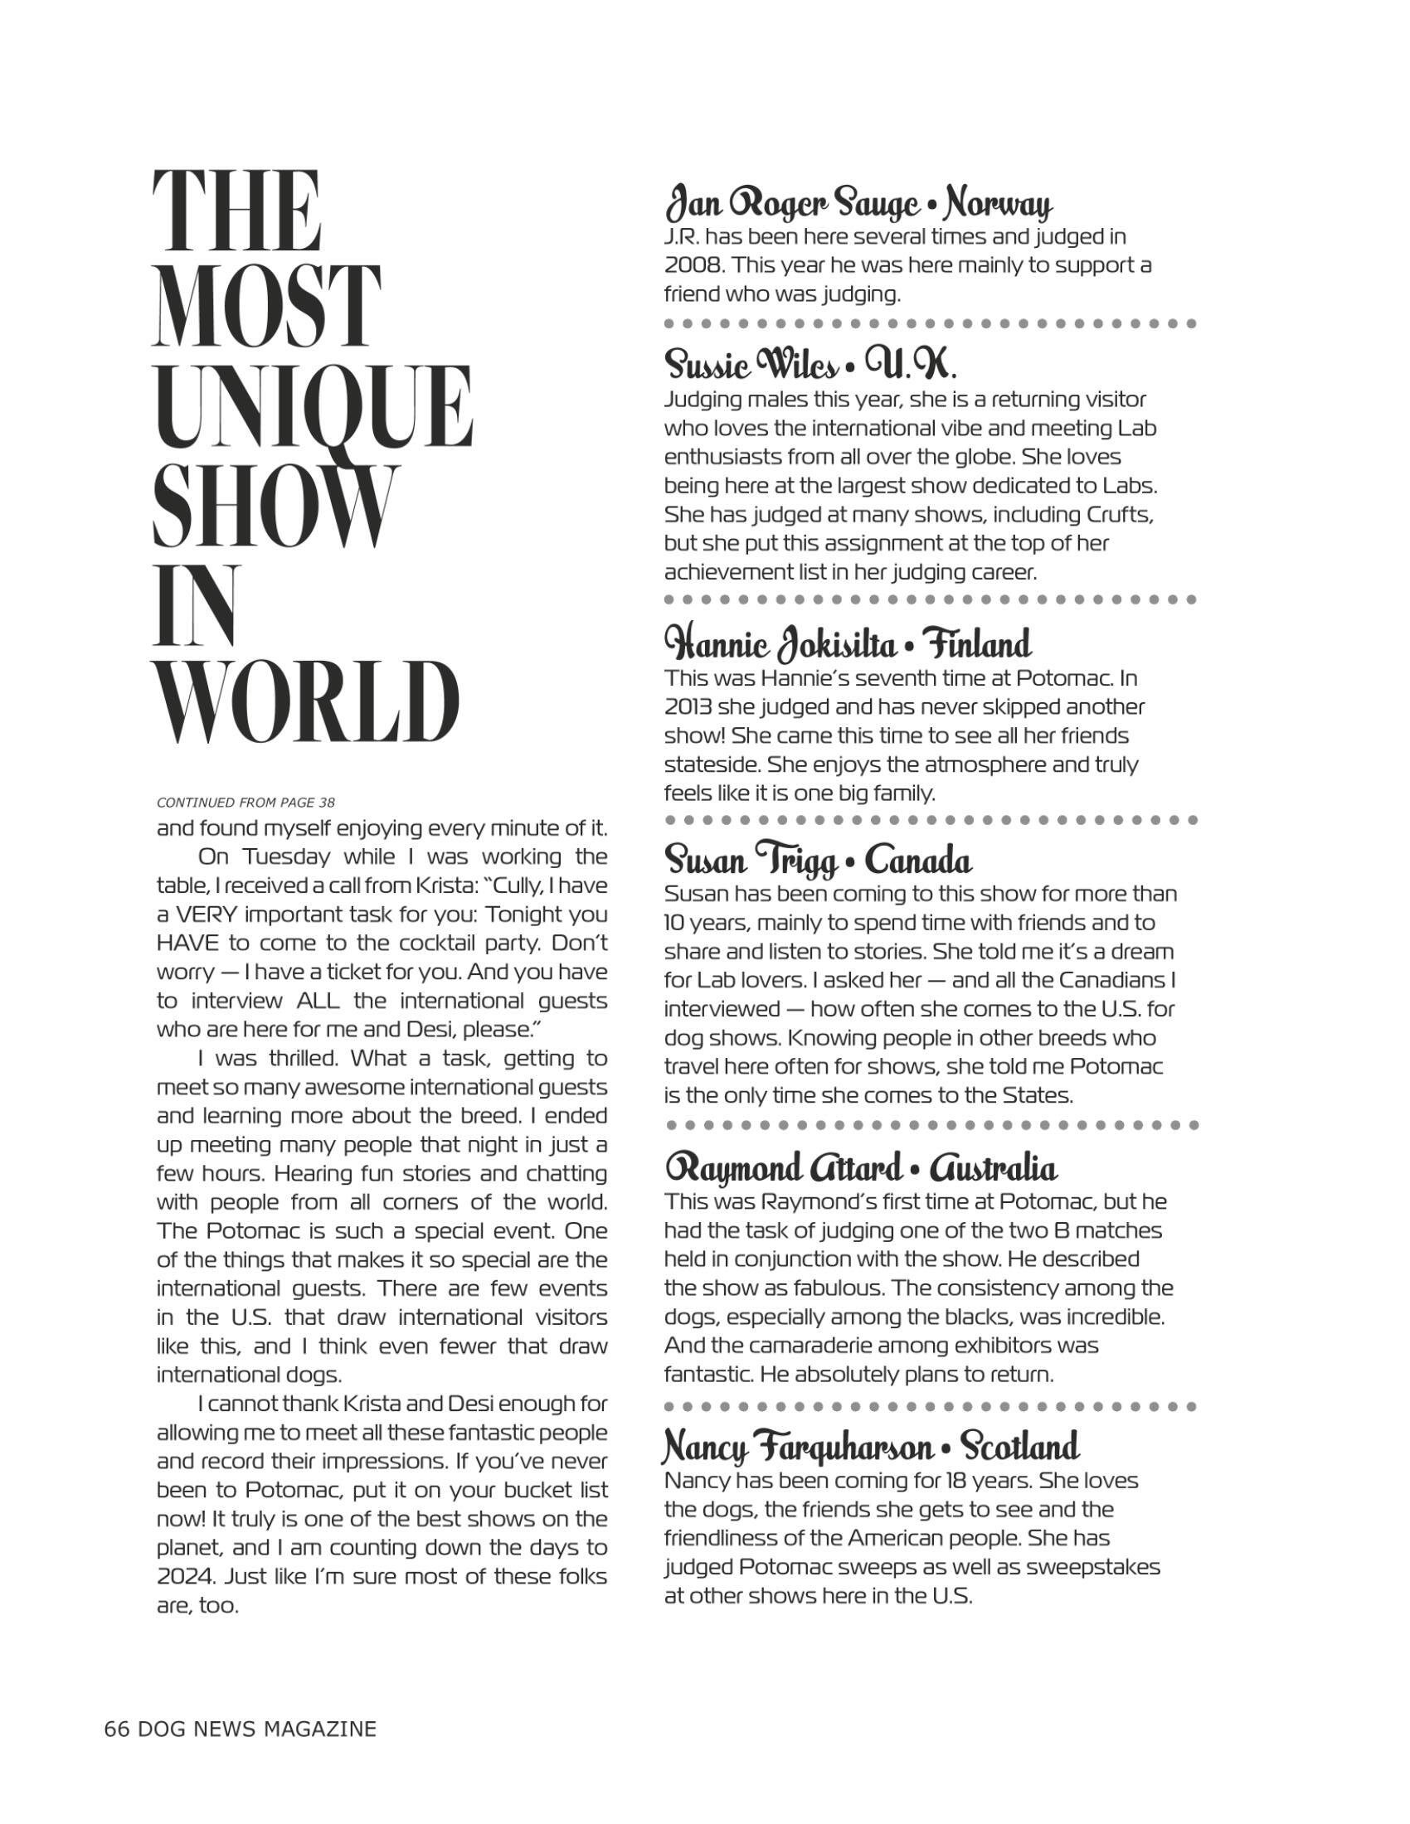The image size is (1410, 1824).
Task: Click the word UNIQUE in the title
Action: [314, 408]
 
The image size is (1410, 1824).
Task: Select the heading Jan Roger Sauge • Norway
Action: [858, 204]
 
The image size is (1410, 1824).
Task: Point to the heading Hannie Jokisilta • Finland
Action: [848, 645]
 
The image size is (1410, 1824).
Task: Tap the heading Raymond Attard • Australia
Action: [860, 1167]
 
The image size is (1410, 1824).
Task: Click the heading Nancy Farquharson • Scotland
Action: [870, 1447]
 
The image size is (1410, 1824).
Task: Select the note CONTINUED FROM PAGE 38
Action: [246, 803]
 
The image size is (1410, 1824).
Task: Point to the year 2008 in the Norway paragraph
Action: [686, 265]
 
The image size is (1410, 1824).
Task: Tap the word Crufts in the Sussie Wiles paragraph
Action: [1120, 514]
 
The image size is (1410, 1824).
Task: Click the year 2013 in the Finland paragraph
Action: [684, 706]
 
